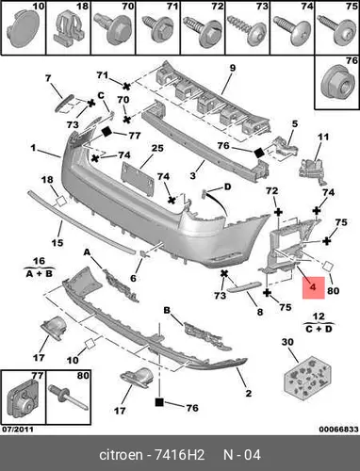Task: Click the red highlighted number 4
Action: (x=313, y=287)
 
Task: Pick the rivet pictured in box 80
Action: (x=67, y=398)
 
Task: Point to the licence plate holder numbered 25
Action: (x=138, y=179)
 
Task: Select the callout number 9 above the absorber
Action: (x=232, y=68)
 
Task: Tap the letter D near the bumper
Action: (x=227, y=187)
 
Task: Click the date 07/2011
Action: (x=18, y=430)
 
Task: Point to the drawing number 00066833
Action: (x=338, y=430)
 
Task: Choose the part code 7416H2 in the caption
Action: (x=179, y=455)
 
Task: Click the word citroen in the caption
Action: (x=121, y=455)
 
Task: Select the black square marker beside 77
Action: (x=107, y=132)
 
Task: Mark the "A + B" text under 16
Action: (x=40, y=274)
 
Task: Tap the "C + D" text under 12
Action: (x=319, y=329)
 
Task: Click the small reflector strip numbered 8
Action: (x=244, y=287)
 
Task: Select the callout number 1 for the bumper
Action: (x=34, y=147)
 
